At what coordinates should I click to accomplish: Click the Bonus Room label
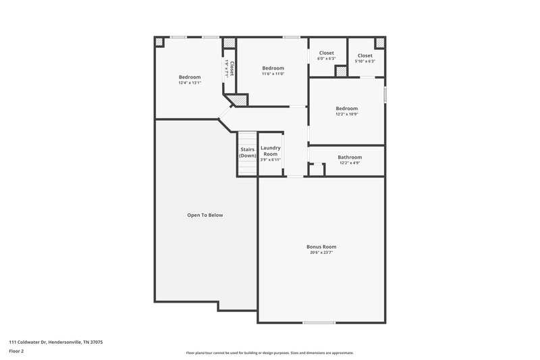tap(321, 247)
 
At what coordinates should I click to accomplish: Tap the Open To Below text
tap(205, 215)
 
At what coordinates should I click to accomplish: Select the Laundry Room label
tap(270, 151)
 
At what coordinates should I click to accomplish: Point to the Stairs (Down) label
tap(247, 152)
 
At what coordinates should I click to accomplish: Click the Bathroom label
tap(350, 157)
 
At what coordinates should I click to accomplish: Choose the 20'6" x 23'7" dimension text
tap(321, 252)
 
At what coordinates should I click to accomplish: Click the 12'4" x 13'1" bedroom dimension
tap(190, 83)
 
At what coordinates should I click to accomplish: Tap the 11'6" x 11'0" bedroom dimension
tap(273, 74)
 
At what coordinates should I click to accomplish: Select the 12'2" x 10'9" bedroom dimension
tap(346, 113)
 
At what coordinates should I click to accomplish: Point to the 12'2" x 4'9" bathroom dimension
tap(350, 163)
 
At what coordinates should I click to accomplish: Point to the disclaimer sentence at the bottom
tap(269, 353)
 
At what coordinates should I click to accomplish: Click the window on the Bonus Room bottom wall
tap(319, 322)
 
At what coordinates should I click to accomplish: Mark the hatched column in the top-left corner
tap(159, 41)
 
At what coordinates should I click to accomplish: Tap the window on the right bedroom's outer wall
tap(385, 93)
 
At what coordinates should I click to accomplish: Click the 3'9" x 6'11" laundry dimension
tap(270, 160)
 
